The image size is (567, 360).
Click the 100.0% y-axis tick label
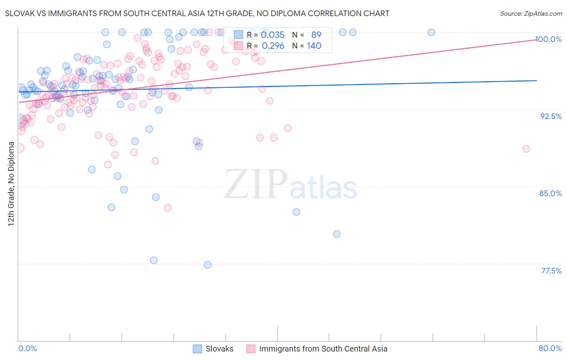click(548, 39)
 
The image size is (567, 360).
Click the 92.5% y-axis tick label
click(551, 116)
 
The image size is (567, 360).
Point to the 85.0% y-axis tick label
click(550, 193)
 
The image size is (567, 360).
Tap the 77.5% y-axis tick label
click(551, 271)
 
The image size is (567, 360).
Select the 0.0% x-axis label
click(27, 348)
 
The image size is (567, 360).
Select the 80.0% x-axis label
click(550, 348)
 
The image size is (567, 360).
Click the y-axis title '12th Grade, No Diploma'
click(11, 184)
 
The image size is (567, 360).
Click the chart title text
click(197, 13)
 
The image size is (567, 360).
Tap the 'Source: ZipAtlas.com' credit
click(531, 13)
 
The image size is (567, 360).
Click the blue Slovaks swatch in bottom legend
click(197, 349)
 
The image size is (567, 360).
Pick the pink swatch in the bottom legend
click(251, 349)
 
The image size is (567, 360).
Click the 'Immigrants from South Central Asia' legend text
click(323, 349)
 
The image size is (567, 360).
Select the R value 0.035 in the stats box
click(273, 35)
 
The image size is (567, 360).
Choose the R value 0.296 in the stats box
click(273, 46)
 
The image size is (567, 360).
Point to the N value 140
click(314, 46)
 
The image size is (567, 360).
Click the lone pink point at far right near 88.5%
click(526, 149)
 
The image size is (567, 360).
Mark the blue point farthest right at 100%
click(431, 32)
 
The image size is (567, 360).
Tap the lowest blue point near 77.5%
click(208, 265)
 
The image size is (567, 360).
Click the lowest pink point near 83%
click(168, 207)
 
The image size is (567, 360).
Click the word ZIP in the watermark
click(256, 184)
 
